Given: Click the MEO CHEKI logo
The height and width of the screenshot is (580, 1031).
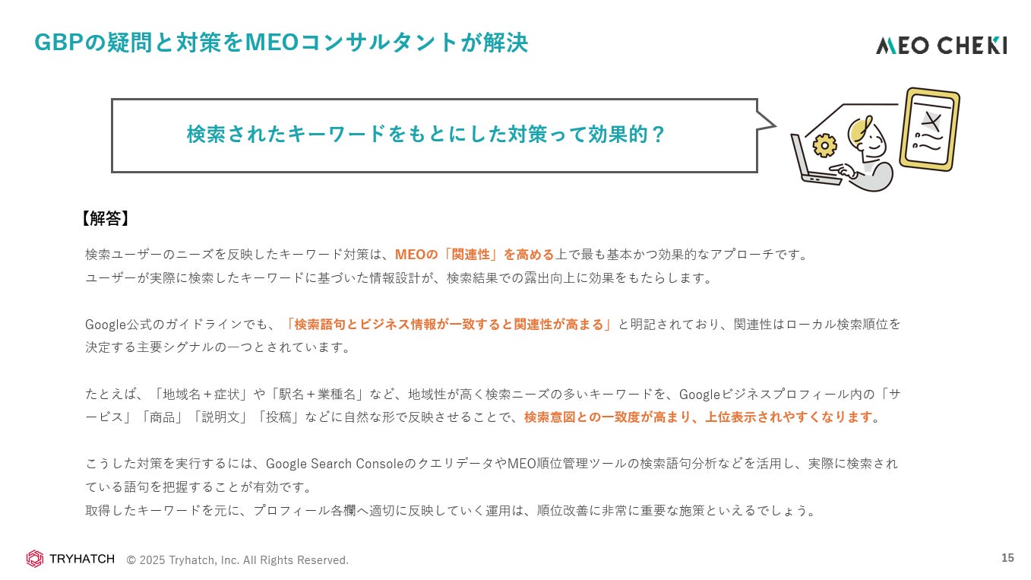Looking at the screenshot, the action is [x=941, y=46].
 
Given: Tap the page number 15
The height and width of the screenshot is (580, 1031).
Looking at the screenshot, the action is [x=1007, y=558].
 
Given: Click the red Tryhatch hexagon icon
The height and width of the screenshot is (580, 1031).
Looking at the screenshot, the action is [x=35, y=559].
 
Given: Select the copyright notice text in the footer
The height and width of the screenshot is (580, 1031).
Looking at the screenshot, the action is [x=237, y=560].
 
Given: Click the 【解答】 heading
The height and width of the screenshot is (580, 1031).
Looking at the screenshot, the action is [x=104, y=219].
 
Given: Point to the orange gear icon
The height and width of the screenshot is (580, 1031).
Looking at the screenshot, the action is [x=824, y=144].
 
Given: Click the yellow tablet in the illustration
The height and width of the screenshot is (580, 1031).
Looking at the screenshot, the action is [x=929, y=128].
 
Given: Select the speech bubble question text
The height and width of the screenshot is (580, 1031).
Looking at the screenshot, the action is [x=426, y=135].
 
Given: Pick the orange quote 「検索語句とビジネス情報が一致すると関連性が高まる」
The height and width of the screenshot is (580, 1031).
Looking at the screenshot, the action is [x=449, y=325].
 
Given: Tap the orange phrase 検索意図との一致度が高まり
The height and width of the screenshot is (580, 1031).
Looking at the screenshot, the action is [x=611, y=417].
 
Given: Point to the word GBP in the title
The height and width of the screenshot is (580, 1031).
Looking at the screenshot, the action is [x=58, y=43].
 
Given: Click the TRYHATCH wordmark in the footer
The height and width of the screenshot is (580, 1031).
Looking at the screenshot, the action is [x=81, y=559].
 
